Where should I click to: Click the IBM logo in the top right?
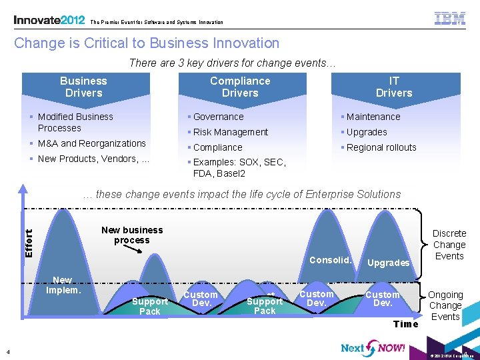pos(450,19)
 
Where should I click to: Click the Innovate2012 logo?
pos(49,20)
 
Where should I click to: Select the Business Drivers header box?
pos(83,87)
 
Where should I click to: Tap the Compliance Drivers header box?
pos(240,87)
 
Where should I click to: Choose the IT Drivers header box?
pos(394,87)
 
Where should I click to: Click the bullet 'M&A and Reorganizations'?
pos(91,143)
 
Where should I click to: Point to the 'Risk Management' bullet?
pos(230,132)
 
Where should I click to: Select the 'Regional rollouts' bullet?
pos(381,147)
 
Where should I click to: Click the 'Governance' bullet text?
pos(218,117)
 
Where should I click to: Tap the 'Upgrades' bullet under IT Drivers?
pos(366,132)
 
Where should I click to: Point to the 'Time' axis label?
pos(406,324)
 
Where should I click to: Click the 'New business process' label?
pos(132,235)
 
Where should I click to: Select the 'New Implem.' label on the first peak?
pos(63,285)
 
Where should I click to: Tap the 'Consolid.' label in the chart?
pos(331,260)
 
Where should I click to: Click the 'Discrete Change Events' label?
pos(449,245)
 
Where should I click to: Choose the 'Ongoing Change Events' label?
pos(445,305)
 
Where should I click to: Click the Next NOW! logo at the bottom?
pos(373,347)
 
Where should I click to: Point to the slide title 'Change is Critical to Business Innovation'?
pos(147,43)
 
